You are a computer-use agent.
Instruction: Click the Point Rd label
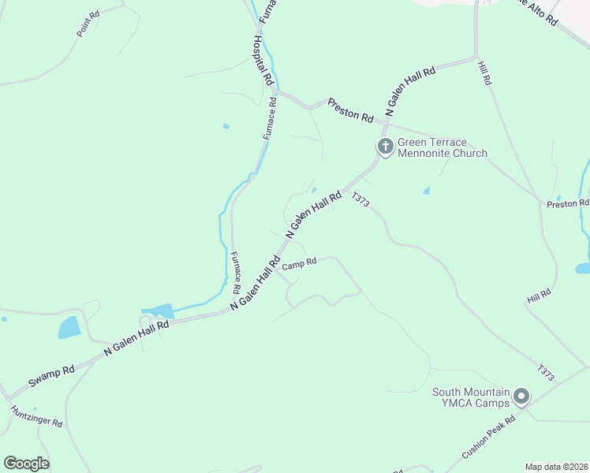tap(88, 24)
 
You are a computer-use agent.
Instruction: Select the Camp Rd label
tap(300, 264)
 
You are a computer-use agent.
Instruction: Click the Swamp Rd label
tap(51, 375)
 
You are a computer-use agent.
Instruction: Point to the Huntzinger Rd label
tap(36, 415)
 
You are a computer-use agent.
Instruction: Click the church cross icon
tap(385, 146)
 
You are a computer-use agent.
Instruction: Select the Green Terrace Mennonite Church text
tap(442, 147)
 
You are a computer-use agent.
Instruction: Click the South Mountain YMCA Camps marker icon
tap(521, 397)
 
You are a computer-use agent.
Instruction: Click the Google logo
tap(26, 463)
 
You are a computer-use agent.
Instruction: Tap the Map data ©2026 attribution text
tap(556, 467)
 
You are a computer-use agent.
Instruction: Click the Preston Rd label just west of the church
tap(350, 110)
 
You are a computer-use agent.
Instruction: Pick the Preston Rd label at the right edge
tap(567, 204)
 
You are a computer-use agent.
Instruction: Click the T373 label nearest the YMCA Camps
tap(546, 374)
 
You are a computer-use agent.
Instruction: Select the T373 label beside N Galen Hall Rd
tap(360, 200)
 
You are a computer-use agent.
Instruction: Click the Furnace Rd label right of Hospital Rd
tap(269, 118)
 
